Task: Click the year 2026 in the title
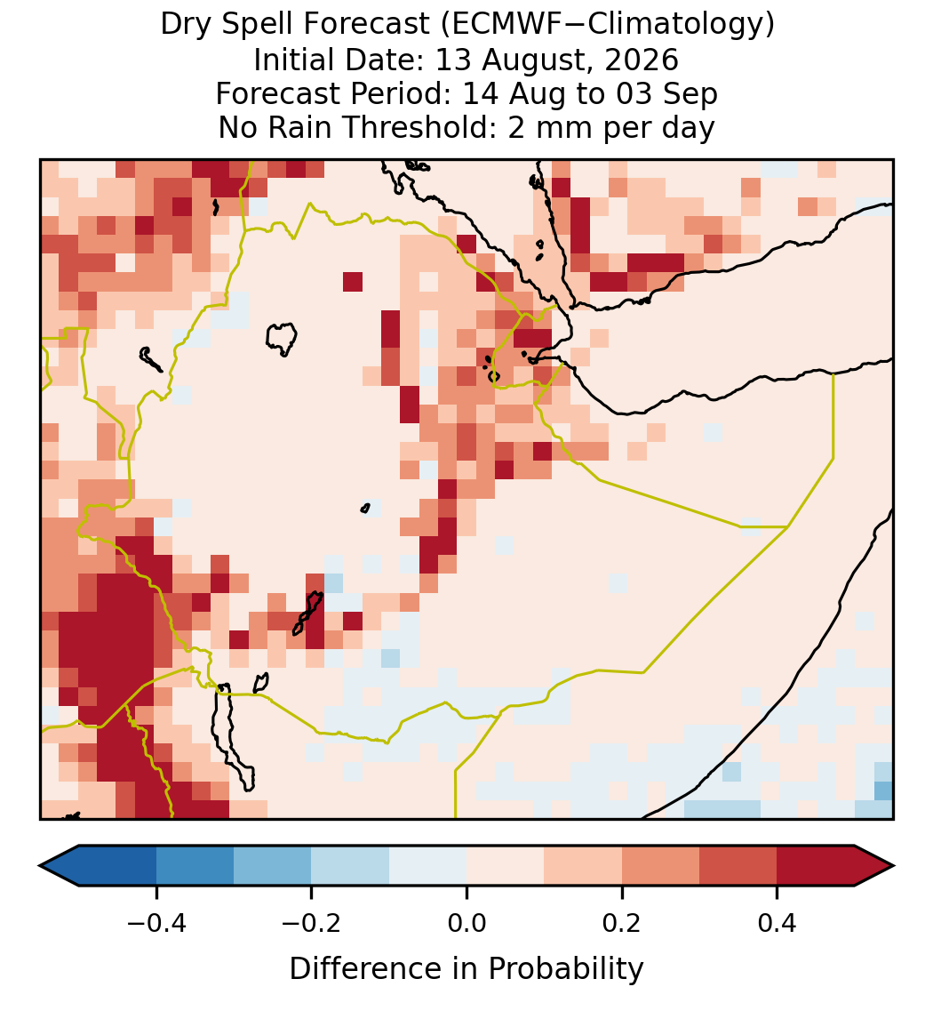pos(642,60)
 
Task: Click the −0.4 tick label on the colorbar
pos(155,922)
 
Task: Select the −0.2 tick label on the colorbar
pos(311,922)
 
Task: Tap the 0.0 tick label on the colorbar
pos(466,922)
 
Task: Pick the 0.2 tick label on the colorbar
pos(622,922)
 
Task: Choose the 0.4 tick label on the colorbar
pos(777,922)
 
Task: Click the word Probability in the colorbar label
pos(565,969)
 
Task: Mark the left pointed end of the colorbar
pos(40,866)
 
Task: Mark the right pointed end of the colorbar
pos(894,866)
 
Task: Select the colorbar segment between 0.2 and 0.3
pos(660,866)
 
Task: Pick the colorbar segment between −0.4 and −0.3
pos(195,866)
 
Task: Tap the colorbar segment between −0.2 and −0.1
pos(350,866)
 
